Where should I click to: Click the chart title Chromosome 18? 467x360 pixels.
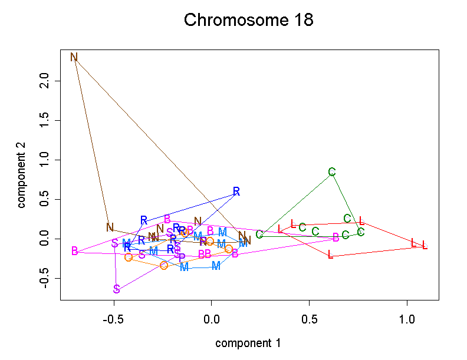pos(248,20)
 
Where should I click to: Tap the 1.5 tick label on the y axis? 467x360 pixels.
pos(42,120)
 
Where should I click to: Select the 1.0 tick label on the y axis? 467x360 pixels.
pos(42,160)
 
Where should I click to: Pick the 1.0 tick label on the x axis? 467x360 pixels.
pos(407,320)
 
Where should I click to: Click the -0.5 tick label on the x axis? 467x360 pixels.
pos(113,320)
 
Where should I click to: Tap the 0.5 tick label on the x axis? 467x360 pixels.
pos(309,320)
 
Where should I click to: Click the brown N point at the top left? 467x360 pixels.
pos(74,57)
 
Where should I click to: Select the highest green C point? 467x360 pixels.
pos(332,172)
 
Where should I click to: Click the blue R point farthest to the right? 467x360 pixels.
pos(236,191)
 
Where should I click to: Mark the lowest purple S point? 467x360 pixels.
pos(117,289)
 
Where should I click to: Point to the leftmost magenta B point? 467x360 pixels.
pos(75,251)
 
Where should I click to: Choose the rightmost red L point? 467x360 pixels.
pos(425,245)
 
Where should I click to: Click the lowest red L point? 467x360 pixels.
pos(330,255)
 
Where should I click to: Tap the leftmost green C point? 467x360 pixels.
pos(259,235)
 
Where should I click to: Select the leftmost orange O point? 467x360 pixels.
pos(129,257)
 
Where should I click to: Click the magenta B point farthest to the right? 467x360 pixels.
pos(336,237)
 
